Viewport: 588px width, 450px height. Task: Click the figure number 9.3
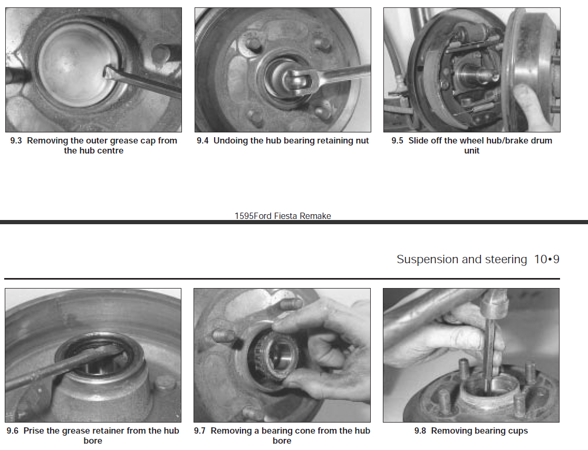coord(16,141)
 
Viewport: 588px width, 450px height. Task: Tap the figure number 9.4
coord(203,141)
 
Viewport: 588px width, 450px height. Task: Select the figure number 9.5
coord(397,141)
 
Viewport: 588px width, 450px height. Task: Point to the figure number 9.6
coord(13,431)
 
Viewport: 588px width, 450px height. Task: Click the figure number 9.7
coord(200,431)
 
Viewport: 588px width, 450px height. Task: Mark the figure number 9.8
coord(420,431)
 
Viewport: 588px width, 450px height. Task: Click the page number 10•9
coord(546,260)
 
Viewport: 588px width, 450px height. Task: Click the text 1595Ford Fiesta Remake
coord(283,216)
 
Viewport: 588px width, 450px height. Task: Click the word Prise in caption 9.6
coord(34,431)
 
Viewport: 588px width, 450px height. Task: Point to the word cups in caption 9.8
coord(517,431)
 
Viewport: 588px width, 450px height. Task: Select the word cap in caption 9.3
coord(147,141)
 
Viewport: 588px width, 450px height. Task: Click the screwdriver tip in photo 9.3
coord(109,71)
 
